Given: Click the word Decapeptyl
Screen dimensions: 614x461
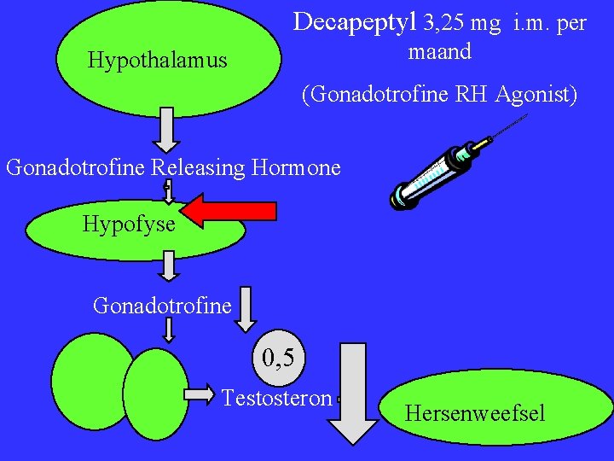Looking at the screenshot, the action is [x=356, y=22].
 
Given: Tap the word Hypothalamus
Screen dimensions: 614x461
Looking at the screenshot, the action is [x=158, y=61].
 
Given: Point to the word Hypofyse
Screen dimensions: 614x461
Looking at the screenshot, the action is [x=129, y=225].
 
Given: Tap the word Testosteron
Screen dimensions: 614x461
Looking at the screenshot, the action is [x=276, y=398].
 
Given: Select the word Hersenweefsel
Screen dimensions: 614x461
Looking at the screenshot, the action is [x=474, y=414].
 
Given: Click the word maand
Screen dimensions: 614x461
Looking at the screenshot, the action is [x=440, y=51].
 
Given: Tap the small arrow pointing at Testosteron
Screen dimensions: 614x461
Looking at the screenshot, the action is [x=202, y=394].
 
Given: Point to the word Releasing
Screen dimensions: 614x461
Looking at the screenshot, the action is [x=199, y=167].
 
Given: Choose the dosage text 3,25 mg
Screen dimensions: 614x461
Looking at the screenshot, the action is [x=462, y=23].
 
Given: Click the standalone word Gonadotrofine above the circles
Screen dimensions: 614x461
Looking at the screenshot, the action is [x=162, y=305].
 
